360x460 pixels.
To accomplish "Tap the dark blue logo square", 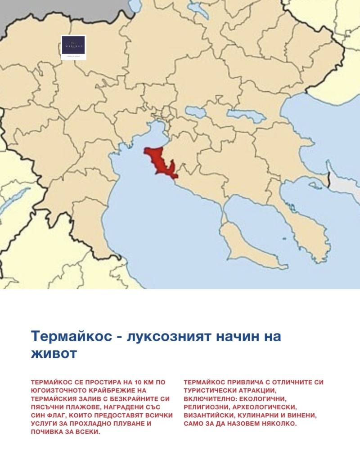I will [x=73, y=47].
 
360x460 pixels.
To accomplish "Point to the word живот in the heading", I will [x=54, y=353].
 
